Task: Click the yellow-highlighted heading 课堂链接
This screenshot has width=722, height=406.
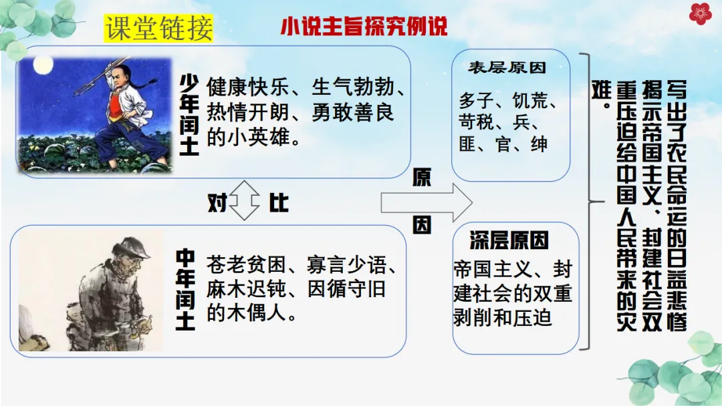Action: pos(158,27)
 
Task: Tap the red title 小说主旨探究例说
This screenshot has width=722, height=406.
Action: pos(364,27)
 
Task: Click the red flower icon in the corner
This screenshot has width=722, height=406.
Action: pos(701,14)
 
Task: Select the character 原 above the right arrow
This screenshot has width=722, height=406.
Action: pos(422,177)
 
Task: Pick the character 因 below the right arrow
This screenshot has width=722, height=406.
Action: pos(422,226)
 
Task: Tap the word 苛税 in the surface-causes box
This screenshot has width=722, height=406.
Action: pos(477,123)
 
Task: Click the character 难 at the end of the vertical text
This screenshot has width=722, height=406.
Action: pos(601,94)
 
